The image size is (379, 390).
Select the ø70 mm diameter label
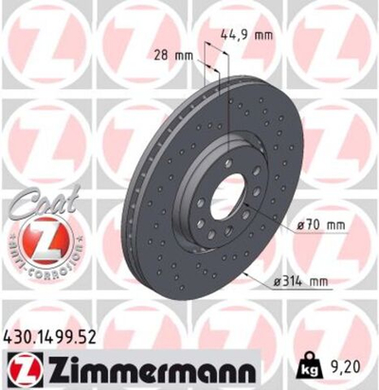click(318, 224)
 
